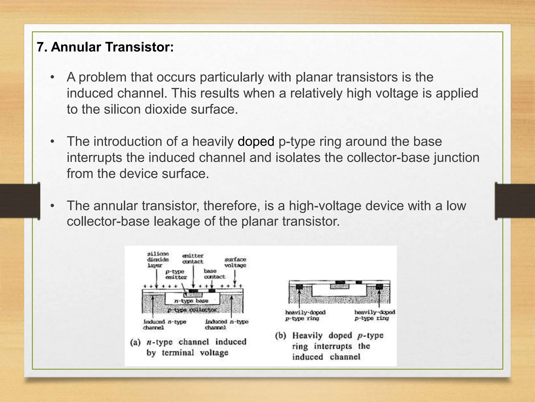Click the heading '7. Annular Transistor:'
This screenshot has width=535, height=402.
(105, 47)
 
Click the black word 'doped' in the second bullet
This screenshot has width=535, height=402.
(256, 142)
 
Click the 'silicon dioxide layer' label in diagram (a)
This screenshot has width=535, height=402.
(158, 259)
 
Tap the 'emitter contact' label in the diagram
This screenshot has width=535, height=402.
(193, 259)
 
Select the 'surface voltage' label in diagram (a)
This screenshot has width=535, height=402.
(235, 262)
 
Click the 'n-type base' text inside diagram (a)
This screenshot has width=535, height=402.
(191, 301)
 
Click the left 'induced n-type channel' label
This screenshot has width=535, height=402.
(165, 325)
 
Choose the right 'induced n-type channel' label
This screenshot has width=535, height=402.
(226, 325)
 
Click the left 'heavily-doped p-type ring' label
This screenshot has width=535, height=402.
(305, 315)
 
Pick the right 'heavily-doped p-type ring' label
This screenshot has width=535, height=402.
(375, 315)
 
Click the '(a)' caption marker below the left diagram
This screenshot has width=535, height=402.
(135, 342)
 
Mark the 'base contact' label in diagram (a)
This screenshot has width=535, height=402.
(214, 274)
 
